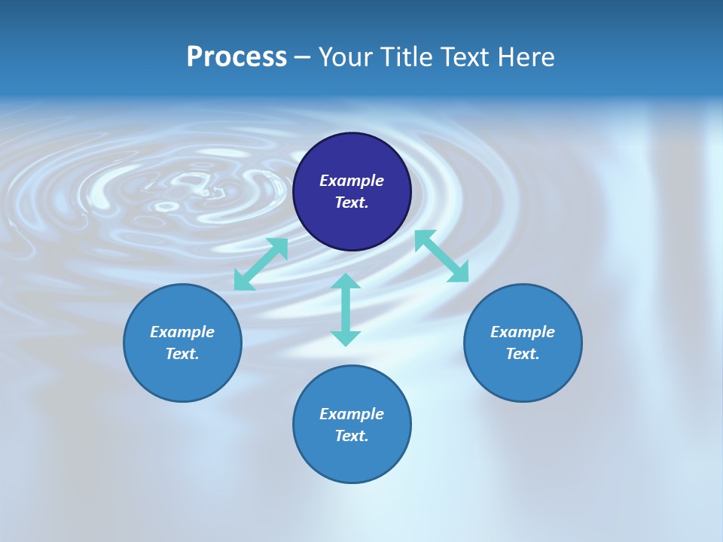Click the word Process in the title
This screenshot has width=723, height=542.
(x=236, y=57)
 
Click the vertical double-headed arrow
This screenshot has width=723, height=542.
(x=346, y=309)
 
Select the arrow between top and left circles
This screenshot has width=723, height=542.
(x=261, y=264)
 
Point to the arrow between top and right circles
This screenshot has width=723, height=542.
(x=441, y=256)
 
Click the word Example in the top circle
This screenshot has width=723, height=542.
(x=352, y=181)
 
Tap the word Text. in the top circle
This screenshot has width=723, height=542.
(x=352, y=202)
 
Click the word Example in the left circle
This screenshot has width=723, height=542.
(x=182, y=332)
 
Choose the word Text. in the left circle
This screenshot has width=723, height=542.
(x=182, y=354)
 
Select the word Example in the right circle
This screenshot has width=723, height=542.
(x=523, y=332)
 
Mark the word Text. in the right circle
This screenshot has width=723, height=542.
(x=523, y=354)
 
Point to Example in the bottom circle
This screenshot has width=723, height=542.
(x=352, y=414)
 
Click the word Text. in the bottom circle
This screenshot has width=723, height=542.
(x=352, y=436)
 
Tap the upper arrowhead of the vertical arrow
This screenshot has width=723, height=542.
(x=346, y=281)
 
